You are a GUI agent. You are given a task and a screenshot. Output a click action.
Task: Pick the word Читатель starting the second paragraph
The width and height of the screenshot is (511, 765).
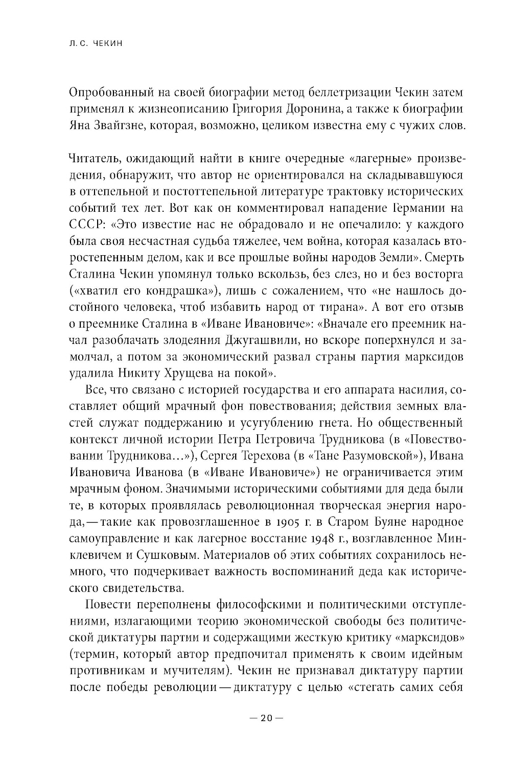click(92, 159)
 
